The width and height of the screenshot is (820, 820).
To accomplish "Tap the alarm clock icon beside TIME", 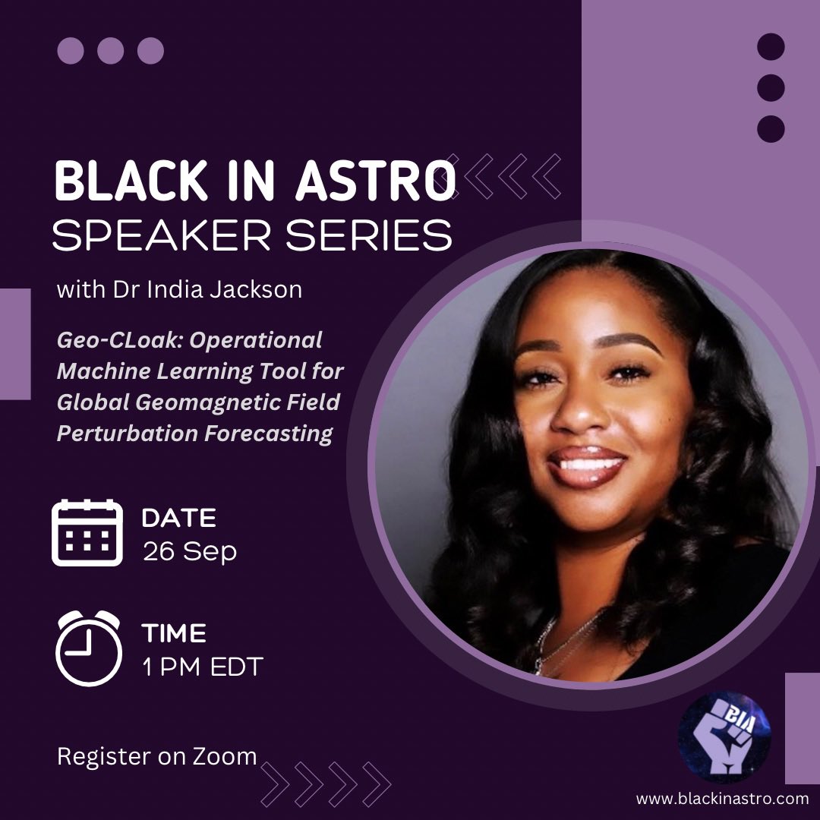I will pos(88,647).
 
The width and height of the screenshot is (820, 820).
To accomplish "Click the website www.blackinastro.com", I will pos(722,798).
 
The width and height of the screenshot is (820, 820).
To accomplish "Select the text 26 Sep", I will pos(190,551).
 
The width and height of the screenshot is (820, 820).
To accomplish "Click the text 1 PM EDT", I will pos(202,667).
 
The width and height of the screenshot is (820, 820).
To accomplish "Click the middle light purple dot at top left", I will pos(111,51).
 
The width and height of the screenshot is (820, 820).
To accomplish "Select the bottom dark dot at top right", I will pos(771,128).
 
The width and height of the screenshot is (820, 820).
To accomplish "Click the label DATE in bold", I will pos(178,518).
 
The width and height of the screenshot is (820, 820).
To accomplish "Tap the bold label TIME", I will pos(174,633).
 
